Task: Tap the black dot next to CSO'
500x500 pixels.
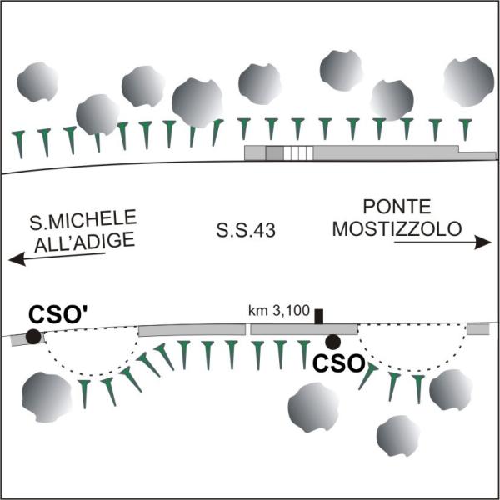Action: tap(32, 337)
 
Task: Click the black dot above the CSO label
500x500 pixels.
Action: tap(332, 341)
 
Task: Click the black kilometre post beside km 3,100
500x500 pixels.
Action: tap(318, 317)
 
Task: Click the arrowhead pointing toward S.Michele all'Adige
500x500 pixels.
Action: tap(15, 260)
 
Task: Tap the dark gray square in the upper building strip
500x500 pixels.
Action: tap(273, 152)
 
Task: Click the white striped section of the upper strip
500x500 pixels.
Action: tap(297, 152)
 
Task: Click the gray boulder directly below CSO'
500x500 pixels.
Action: tap(47, 393)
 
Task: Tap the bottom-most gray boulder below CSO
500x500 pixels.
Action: tap(397, 435)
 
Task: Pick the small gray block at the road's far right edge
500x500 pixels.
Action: tap(477, 329)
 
